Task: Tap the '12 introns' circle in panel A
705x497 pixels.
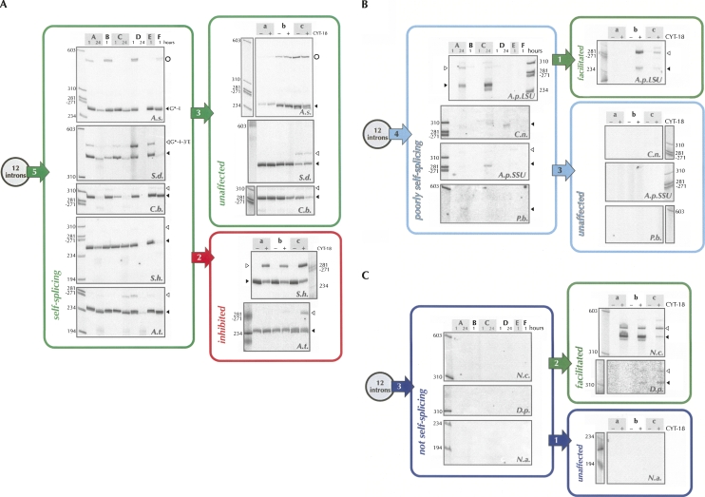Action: (23, 172)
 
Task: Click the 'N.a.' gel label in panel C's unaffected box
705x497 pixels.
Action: (652, 473)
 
